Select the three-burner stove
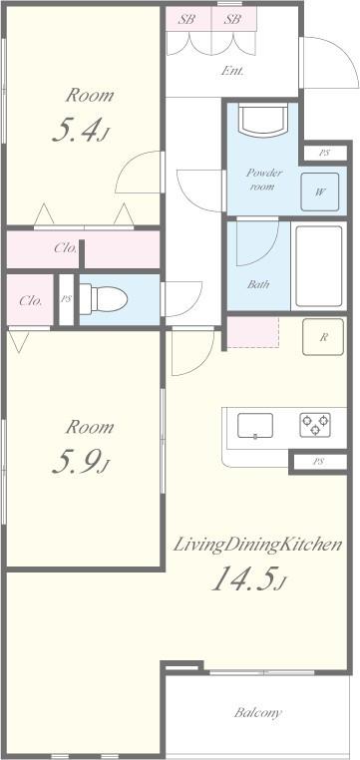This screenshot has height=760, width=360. pos(314,425)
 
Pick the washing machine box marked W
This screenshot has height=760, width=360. pos(320,192)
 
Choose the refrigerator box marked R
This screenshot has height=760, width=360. pos(324,336)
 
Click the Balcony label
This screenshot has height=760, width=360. pos(258,713)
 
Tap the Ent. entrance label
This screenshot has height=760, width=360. pos(231,71)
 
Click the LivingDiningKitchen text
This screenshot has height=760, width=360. pos(258,545)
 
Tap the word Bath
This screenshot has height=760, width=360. pos(258,284)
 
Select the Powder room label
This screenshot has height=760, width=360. pos(265,180)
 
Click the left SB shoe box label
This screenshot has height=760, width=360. pos(186,18)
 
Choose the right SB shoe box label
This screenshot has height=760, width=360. pos(231,18)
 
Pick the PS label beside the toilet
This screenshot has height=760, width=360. pos(66,299)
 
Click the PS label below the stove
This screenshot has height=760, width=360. pos(318,461)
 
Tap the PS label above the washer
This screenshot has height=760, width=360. pos(324,153)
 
